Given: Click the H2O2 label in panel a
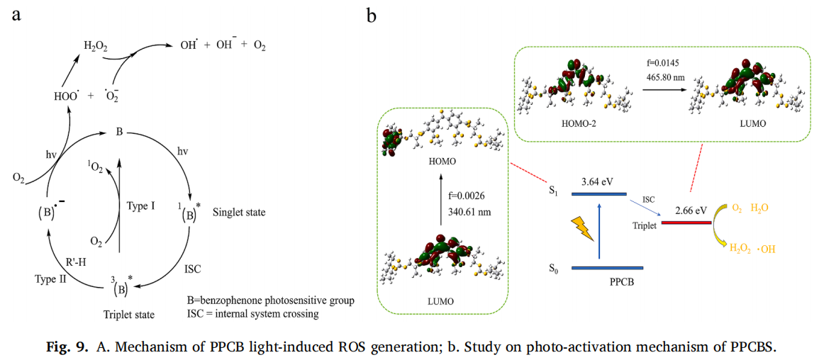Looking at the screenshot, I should pos(96,46).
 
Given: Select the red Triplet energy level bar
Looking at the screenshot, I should pos(686,223).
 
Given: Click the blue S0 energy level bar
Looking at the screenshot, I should pos(607,268).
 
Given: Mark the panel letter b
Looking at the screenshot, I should pos(371,14).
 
